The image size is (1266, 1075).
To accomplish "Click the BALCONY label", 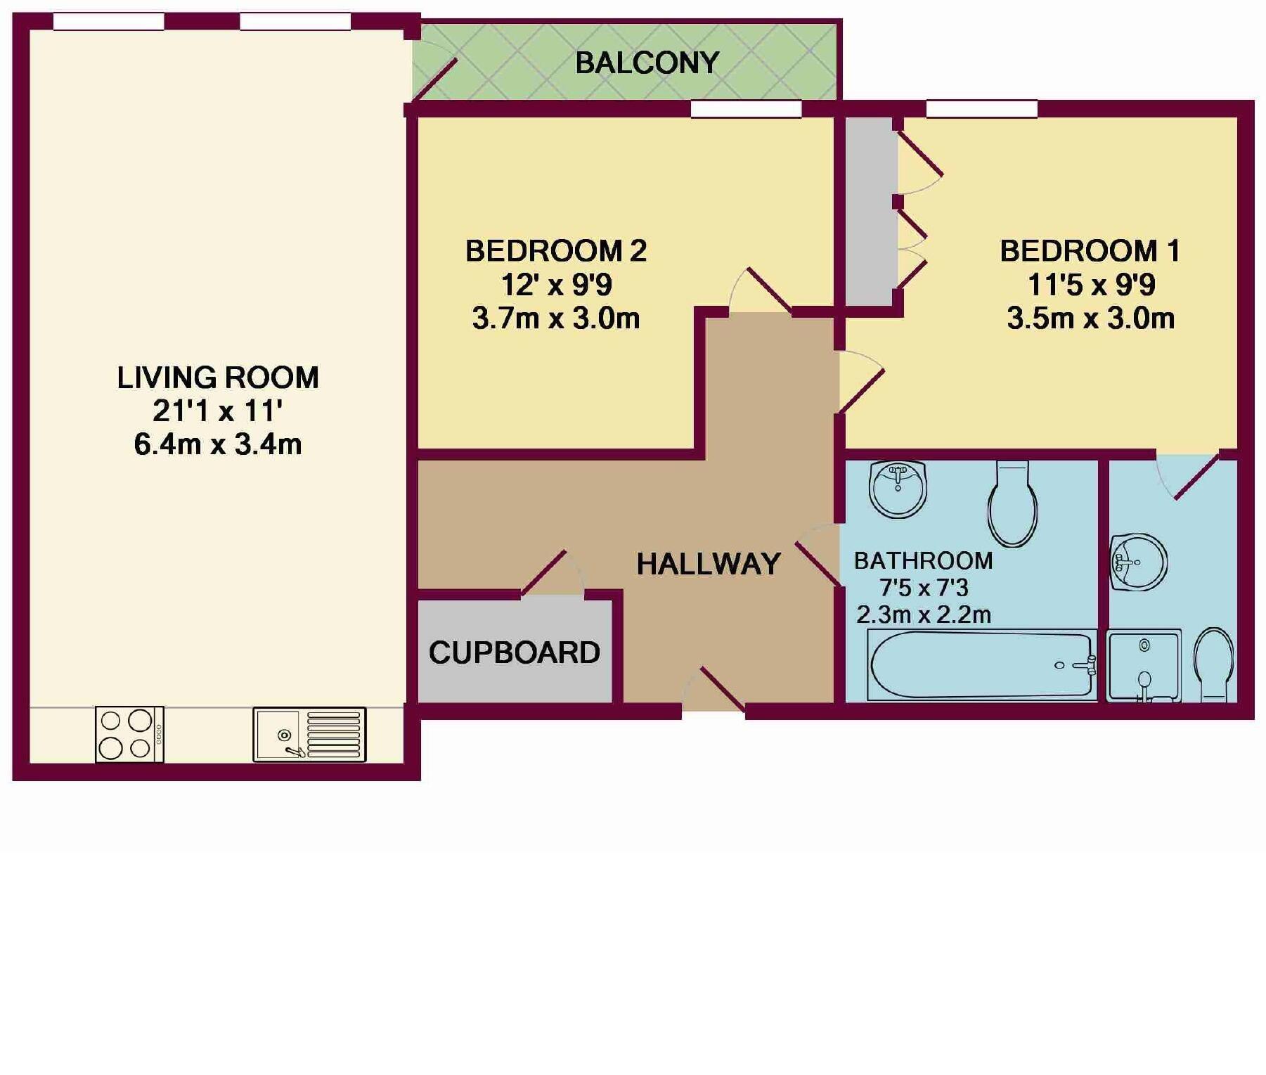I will point(647,63).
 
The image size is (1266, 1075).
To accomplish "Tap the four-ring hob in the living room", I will point(129,734).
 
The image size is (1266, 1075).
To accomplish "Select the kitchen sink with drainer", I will point(309,734).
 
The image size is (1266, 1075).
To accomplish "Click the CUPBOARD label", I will point(514,653).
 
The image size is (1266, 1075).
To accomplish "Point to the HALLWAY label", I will point(708,564).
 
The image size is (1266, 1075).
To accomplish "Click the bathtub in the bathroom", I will point(982,665).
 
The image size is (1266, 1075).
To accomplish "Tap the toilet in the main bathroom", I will point(1012,503).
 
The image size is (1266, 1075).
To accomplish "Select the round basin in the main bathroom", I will point(898,489).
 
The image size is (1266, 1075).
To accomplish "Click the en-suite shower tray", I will point(1143,666).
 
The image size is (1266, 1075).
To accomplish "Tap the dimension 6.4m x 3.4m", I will point(218,444).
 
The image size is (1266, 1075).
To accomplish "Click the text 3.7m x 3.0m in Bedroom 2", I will point(555,318).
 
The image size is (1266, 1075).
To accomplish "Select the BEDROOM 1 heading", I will point(1090,251).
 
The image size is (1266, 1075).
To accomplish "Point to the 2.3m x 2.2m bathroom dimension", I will point(923,615).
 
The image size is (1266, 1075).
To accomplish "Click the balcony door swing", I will point(434,74).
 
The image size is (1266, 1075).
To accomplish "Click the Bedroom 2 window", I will point(746,109).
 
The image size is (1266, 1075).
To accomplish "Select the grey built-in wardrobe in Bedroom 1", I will point(870,211).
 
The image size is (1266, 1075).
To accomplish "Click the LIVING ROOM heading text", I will point(218,378).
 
